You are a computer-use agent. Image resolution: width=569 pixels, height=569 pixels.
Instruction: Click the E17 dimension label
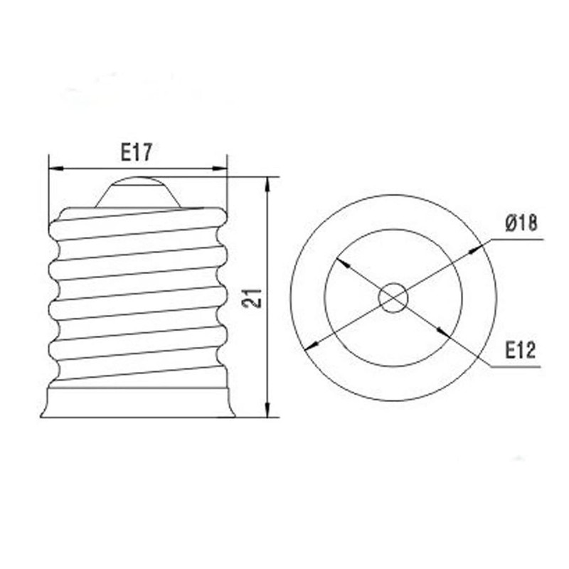137,151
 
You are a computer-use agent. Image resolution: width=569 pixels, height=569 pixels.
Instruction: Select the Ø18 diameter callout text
521,223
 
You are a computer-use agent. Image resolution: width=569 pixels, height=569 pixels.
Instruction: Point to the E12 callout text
521,349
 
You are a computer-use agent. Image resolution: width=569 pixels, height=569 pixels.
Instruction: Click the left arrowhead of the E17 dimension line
54,169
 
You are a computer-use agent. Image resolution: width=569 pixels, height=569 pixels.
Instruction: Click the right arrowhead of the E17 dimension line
221,169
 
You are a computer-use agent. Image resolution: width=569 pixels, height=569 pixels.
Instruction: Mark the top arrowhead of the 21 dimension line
268,183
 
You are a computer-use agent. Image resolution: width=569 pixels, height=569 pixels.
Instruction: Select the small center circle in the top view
393,297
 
